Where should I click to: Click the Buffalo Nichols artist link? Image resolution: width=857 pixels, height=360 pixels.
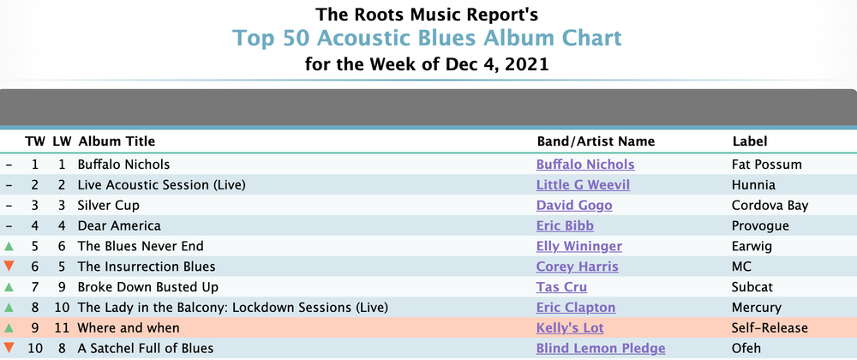pos(585,165)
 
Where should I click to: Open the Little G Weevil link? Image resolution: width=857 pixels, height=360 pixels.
pos(583,185)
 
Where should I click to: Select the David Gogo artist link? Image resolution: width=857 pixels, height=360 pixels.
pos(574,206)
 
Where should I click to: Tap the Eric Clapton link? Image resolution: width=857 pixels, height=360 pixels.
pos(576,308)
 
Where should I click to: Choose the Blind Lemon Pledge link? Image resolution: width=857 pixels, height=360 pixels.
pos(601,348)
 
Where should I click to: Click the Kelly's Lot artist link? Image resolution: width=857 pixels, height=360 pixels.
pos(570,327)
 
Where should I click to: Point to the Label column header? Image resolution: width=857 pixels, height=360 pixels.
pos(750,141)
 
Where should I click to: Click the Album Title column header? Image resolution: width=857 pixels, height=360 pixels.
pos(117,141)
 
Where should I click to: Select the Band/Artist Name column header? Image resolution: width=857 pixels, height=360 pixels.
pos(596,141)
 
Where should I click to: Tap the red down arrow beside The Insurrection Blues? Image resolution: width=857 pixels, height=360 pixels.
pos(9,267)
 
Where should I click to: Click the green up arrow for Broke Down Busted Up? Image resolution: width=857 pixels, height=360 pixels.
pos(9,286)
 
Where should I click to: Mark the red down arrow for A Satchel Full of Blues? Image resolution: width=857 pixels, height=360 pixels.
pos(9,348)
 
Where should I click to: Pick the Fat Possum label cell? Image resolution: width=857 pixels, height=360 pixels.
pos(767,165)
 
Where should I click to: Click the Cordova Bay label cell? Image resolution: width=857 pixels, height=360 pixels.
pos(770,206)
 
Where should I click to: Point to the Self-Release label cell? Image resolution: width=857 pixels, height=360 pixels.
pos(770,327)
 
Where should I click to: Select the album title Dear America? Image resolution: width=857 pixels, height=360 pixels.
pos(119,225)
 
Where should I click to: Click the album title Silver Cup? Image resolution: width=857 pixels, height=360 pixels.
pos(108,206)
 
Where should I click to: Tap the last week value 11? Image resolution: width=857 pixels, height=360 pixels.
pos(62,327)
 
